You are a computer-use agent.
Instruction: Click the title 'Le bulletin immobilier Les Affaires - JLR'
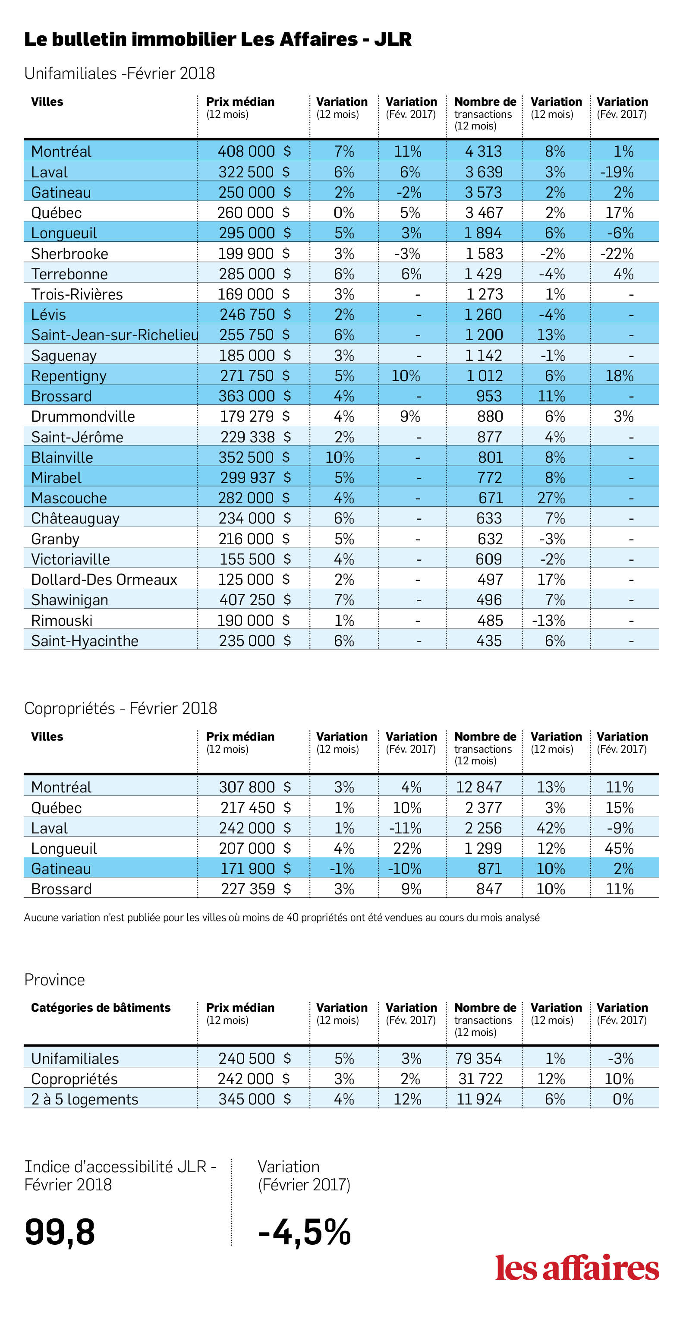(x=217, y=39)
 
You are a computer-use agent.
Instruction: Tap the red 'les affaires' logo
(x=577, y=1267)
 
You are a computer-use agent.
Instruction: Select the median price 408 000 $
(x=254, y=151)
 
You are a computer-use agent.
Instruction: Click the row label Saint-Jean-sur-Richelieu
(x=115, y=335)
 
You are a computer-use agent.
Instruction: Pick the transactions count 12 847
(x=479, y=787)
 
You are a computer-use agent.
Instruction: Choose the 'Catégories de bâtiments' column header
(x=101, y=1008)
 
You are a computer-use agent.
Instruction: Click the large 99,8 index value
(x=60, y=1232)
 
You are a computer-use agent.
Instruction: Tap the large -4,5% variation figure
(x=304, y=1232)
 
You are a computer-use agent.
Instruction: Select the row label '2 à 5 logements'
(x=85, y=1099)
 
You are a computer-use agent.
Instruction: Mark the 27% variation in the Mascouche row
(x=551, y=498)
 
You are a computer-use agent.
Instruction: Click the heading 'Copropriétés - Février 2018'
(x=121, y=708)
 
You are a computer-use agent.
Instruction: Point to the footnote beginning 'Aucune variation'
(x=282, y=918)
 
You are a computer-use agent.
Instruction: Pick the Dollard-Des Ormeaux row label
(x=104, y=580)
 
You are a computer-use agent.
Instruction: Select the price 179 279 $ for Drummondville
(x=255, y=416)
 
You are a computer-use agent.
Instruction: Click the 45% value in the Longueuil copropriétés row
(x=619, y=849)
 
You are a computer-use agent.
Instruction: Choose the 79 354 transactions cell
(x=479, y=1058)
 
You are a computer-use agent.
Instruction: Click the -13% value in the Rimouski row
(x=548, y=621)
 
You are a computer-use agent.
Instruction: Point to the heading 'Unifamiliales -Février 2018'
(x=119, y=73)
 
